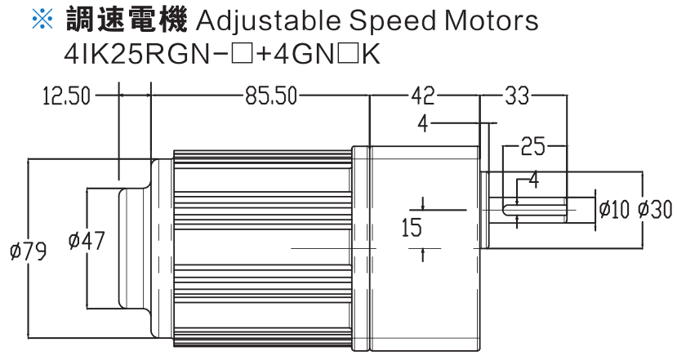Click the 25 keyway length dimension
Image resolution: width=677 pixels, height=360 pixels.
point(532,147)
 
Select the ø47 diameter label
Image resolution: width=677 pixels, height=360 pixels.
point(87,241)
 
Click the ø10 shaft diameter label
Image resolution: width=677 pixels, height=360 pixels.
point(614,210)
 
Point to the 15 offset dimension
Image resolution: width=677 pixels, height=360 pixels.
point(412,228)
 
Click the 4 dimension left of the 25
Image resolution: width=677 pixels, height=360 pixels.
point(423,124)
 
